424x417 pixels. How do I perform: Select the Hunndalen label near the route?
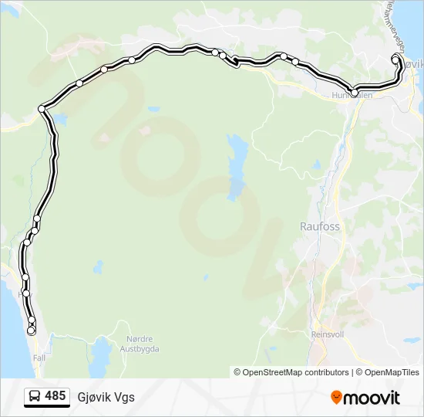pyautogui.click(x=352, y=96)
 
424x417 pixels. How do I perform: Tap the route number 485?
pyautogui.click(x=55, y=396)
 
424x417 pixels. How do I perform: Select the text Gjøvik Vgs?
pyautogui.click(x=106, y=397)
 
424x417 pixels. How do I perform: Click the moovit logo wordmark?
pyautogui.click(x=372, y=398)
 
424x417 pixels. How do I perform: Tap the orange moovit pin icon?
pyautogui.click(x=336, y=398)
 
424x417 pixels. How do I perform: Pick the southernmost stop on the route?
pyautogui.click(x=31, y=331)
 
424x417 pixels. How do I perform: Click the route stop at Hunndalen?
pyautogui.click(x=355, y=93)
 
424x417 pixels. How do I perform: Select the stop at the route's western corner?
pyautogui.click(x=42, y=109)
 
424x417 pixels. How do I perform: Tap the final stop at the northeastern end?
pyautogui.click(x=395, y=59)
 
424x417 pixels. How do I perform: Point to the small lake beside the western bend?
pyautogui.click(x=58, y=120)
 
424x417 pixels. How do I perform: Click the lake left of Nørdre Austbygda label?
pyautogui.click(x=100, y=357)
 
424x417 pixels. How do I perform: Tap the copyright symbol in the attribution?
pyautogui.click(x=237, y=372)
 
